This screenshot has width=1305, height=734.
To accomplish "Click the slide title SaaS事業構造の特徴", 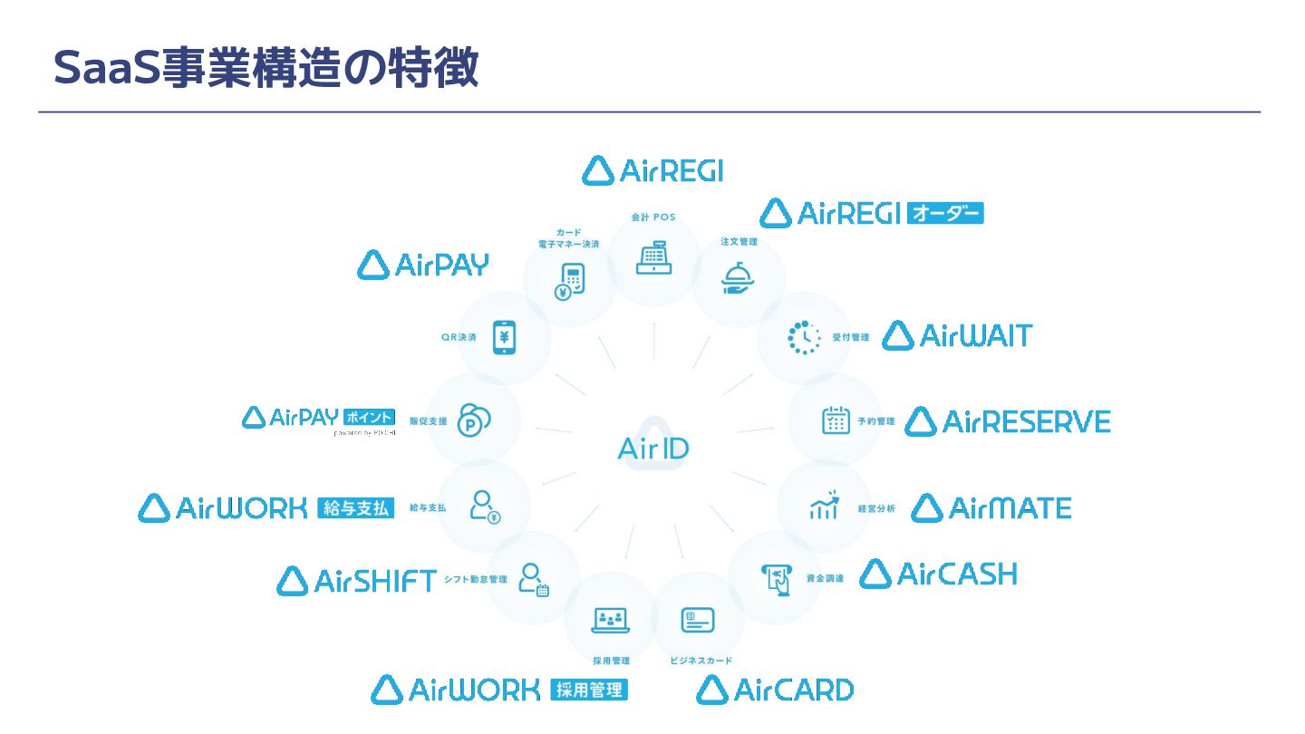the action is tap(266, 68).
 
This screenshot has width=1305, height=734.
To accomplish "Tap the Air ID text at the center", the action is tap(652, 448).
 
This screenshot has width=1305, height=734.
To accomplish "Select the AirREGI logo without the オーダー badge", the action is tap(652, 170).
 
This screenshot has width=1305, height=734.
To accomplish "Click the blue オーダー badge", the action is tap(944, 213).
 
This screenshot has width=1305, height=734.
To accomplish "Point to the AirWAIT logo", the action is tap(957, 336).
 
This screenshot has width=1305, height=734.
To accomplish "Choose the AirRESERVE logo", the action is tap(1008, 421).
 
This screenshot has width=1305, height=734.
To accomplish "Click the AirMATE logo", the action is tap(991, 508).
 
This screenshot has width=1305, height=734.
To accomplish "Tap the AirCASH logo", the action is tap(938, 575).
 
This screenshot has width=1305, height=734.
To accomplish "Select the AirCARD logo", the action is tap(775, 691).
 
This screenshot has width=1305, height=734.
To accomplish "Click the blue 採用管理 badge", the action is tap(589, 691).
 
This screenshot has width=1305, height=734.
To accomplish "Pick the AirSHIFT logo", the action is tap(357, 581).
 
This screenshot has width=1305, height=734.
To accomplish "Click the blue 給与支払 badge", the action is tap(357, 508).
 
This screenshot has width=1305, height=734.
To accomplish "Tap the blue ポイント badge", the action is tap(369, 417).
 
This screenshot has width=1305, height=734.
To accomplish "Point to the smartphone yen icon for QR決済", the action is tap(504, 337).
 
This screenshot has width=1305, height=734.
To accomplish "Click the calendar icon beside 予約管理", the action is tap(836, 420).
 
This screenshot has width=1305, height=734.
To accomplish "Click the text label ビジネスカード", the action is tap(701, 661).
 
